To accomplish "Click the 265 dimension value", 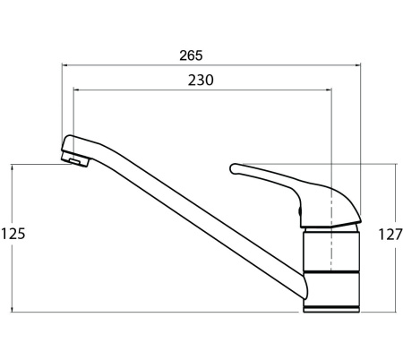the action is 191,56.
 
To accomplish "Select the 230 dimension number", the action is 201,81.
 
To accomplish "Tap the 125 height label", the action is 13,234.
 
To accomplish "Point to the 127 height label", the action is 390,235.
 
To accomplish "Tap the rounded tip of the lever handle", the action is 234,168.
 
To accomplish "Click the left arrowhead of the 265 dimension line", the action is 64,64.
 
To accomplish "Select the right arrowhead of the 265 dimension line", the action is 358,64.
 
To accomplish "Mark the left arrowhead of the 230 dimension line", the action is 76,90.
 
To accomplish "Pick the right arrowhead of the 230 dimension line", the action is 329,90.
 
